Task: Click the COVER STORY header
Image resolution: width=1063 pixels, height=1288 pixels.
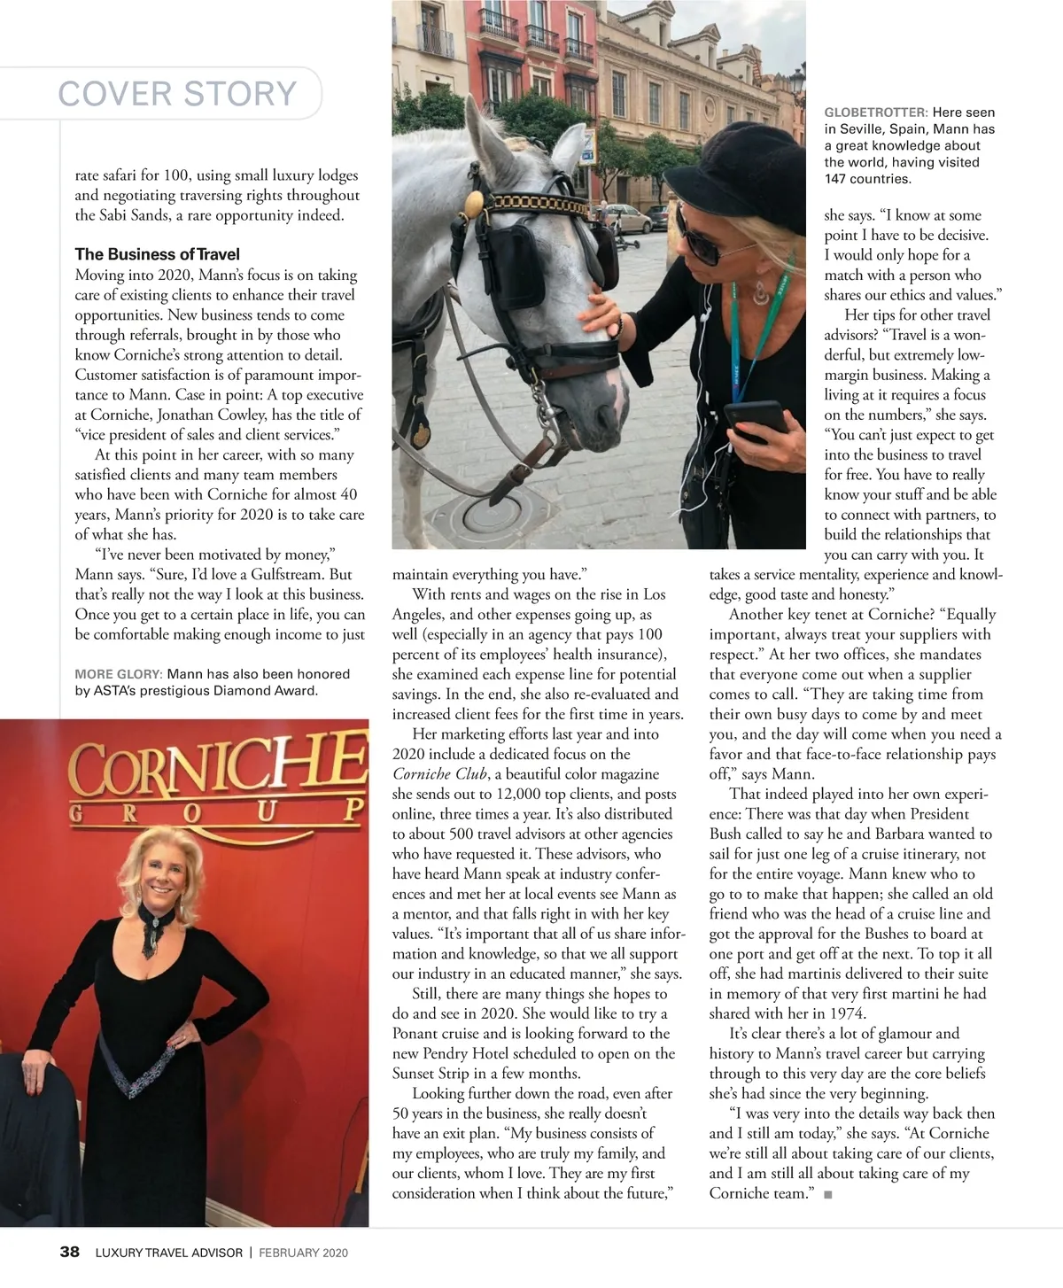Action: pyautogui.click(x=177, y=93)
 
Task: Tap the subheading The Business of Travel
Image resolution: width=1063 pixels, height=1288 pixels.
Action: pyautogui.click(x=157, y=254)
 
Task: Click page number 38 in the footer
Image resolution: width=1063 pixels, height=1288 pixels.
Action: pyautogui.click(x=69, y=1252)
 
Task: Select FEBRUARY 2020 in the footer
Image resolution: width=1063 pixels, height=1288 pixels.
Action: pyautogui.click(x=303, y=1253)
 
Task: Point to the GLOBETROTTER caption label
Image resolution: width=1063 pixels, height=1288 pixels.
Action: pyautogui.click(x=875, y=113)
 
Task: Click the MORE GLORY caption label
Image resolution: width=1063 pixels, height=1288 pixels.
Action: pyautogui.click(x=118, y=674)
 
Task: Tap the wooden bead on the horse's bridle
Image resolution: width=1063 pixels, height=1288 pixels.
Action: pyautogui.click(x=474, y=203)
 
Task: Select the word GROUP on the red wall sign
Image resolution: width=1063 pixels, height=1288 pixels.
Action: pyautogui.click(x=217, y=811)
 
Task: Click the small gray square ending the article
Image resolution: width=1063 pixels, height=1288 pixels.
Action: pyautogui.click(x=827, y=1195)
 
